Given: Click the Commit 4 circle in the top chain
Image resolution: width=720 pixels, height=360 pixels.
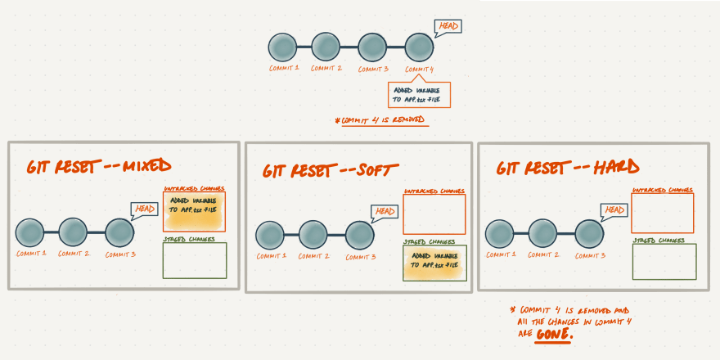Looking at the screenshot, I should [419, 47].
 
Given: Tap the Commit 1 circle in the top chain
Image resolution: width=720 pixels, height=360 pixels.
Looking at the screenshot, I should [282, 47].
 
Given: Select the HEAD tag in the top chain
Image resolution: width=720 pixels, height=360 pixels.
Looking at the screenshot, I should [448, 27].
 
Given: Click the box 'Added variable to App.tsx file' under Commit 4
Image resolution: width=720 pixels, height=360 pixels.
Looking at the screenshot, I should [419, 95].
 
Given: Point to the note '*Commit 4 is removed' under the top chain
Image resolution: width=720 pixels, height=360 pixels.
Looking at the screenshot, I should [380, 120].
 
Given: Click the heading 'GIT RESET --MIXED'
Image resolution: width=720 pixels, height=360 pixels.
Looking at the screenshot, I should [98, 166].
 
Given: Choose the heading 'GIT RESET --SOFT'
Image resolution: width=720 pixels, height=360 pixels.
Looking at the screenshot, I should [331, 170].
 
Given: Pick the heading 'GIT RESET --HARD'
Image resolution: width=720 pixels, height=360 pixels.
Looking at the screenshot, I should [567, 168].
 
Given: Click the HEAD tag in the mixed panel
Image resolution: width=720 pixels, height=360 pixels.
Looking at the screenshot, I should [143, 210].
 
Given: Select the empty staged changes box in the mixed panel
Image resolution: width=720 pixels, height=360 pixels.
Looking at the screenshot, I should [195, 260].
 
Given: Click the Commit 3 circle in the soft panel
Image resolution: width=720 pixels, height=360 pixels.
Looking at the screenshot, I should [359, 235].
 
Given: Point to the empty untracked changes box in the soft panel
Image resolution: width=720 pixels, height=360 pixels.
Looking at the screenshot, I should [434, 214].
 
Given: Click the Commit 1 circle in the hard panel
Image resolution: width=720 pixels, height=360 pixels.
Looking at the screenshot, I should [500, 233].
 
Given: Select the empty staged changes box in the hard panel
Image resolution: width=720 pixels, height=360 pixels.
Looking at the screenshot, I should [664, 261].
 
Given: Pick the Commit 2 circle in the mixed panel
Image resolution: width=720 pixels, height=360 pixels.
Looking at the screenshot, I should [73, 232].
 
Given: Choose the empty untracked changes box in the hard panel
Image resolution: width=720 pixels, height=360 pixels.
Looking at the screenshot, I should [662, 213].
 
